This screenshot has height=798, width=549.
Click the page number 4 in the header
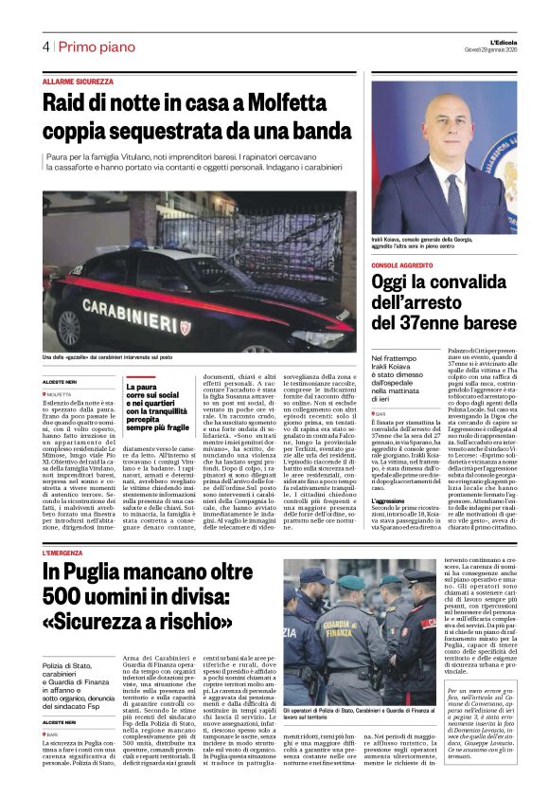tap(44, 46)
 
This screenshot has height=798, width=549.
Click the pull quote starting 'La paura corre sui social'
tap(157, 405)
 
